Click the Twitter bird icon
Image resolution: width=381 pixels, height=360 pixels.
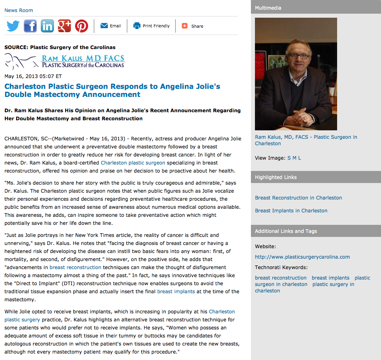pos(13,26)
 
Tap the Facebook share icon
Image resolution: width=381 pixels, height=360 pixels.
pos(30,26)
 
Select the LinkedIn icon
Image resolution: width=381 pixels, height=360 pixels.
pos(47,26)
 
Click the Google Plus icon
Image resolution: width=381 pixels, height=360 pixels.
pos(64,26)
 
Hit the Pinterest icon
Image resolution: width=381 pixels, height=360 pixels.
pos(81,26)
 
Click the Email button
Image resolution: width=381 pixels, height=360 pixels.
pos(111,26)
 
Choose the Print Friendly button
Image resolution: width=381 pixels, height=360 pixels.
pos(151,26)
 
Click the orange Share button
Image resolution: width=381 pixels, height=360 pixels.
pos(193,26)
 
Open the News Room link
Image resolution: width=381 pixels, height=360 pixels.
pos(19,10)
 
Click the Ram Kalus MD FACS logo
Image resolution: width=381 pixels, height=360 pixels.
pos(64,61)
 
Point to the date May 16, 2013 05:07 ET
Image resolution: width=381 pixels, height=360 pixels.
pos(33,76)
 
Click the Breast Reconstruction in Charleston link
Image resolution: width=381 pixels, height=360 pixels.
pos(298,198)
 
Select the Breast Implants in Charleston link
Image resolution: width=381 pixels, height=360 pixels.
pos(291,211)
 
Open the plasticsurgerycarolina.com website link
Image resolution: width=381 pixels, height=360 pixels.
pos(302,257)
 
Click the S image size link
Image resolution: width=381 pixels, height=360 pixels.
pos(289,158)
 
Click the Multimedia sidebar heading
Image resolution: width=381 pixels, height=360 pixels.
pos(268,8)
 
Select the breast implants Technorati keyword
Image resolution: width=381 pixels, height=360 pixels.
pos(330,278)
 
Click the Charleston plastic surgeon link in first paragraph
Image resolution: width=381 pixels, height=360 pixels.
pos(133,163)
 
